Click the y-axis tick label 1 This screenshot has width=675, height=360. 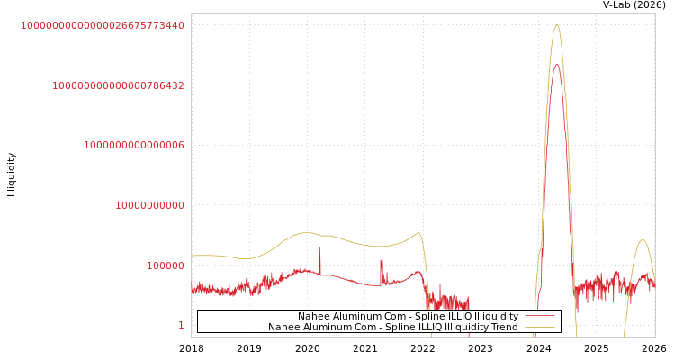(x=181, y=326)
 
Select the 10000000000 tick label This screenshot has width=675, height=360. (x=149, y=205)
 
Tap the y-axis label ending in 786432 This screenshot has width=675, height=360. (x=118, y=85)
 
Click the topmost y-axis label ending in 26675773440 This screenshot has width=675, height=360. (x=103, y=25)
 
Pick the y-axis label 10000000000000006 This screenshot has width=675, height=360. (x=134, y=146)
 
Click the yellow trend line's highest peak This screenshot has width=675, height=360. (x=557, y=25)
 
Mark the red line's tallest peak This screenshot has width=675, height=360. (x=557, y=64)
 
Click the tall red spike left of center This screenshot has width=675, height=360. (x=319, y=248)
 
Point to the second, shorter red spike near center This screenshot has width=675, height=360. (x=381, y=261)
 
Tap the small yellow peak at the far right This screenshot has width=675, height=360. (x=642, y=239)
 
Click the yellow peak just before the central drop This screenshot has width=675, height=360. (x=418, y=233)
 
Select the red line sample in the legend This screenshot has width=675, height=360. (x=539, y=317)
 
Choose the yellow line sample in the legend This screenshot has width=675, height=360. (x=539, y=328)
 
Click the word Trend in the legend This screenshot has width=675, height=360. (x=503, y=328)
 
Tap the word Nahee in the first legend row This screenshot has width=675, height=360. (x=314, y=317)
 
